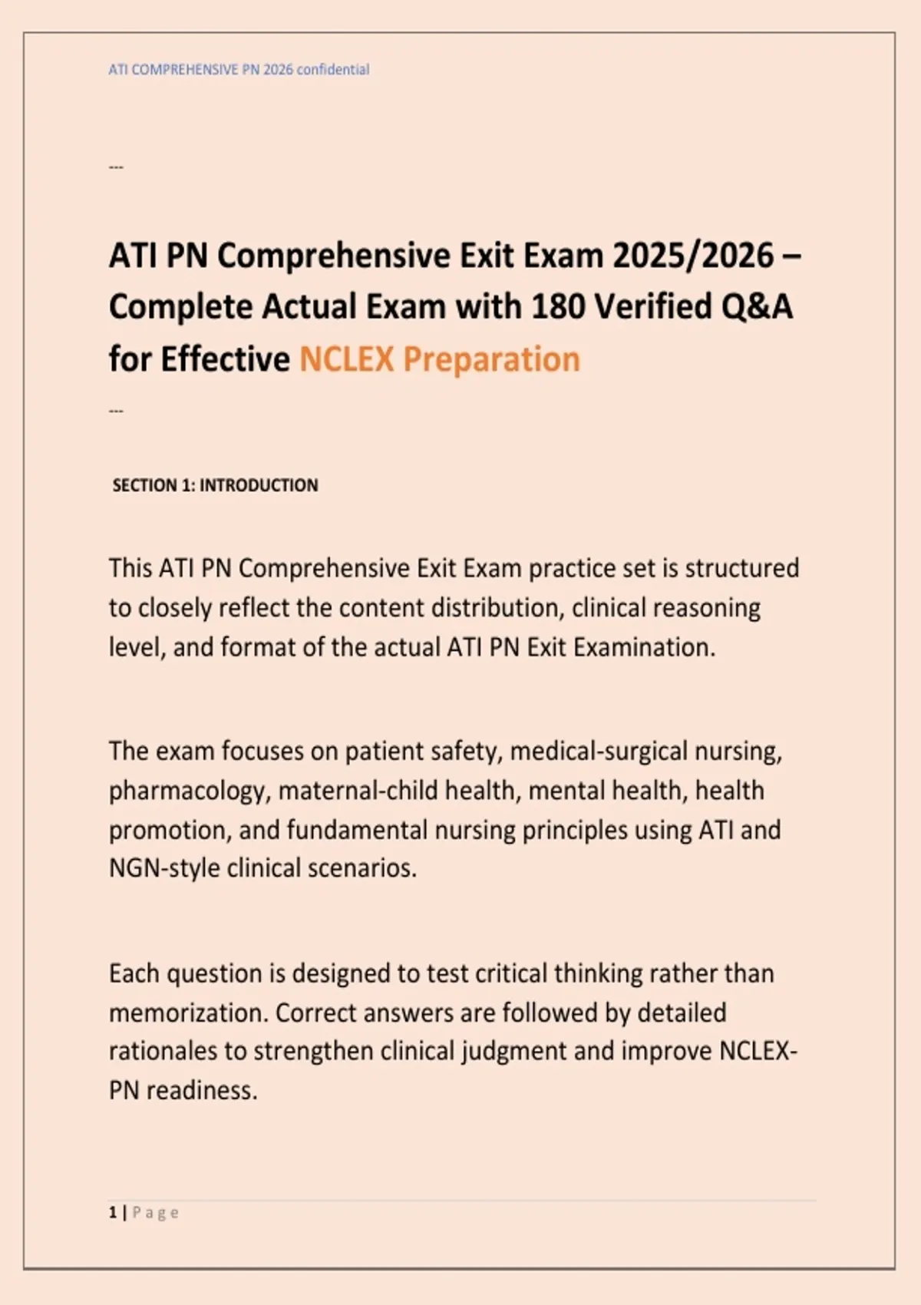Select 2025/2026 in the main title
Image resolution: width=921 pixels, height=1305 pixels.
[x=692, y=256]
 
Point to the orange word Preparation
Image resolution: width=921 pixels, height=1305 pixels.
[x=491, y=359]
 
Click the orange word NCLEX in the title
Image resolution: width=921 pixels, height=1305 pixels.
[x=346, y=359]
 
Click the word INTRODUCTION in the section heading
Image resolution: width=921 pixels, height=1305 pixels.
[x=259, y=485]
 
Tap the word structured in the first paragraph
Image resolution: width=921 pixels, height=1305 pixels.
[x=741, y=569]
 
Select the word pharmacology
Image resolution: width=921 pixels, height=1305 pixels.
[x=190, y=791]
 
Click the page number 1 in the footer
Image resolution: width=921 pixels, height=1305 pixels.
[x=113, y=1213]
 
